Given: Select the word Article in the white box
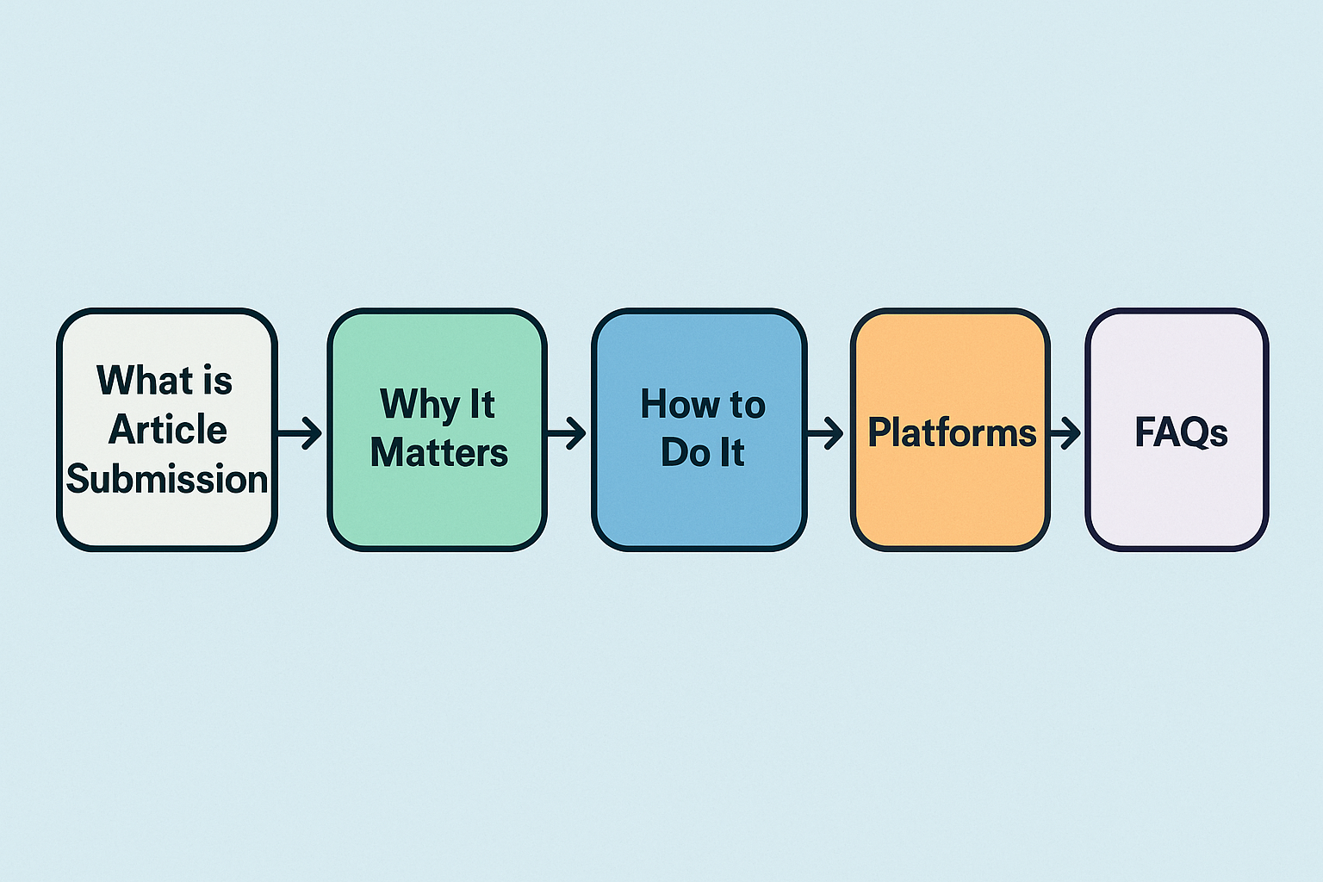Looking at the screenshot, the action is pos(168,429).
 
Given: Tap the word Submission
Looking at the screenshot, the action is pos(167,478).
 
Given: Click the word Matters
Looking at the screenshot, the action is pos(438,452).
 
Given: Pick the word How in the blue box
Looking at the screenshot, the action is pos(680,404).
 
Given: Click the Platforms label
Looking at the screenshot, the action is pos(952,432).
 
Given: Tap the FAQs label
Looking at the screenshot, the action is pos(1181,432).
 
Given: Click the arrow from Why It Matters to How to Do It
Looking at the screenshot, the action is pos(566,433).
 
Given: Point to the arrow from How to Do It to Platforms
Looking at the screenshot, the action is pos(824,433).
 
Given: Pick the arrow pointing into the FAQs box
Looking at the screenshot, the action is pos(1065,433).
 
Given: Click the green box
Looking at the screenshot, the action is pos(437,430).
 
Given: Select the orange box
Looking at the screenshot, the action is pos(950,430).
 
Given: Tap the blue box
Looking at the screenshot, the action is pos(699,430).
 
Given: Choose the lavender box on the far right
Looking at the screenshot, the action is pos(1177,430).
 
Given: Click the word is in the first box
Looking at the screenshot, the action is pos(217,379).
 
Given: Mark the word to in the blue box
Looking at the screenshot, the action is pos(748,406).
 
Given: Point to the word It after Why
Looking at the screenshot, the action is pos(482,404).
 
